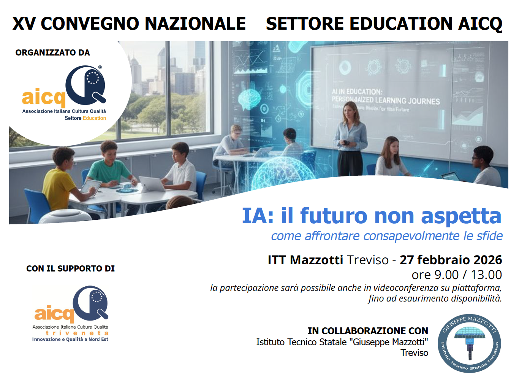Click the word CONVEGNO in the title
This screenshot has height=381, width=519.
pos(90,24)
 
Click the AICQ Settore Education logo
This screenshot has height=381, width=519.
pos(65,94)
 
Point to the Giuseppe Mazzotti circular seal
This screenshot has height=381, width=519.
pos(470,343)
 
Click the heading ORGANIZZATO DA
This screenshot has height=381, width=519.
pos(53,53)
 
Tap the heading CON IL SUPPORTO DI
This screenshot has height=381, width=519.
pos(70,268)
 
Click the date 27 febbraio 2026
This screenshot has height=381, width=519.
pos(451,260)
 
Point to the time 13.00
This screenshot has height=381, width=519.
pos(486,275)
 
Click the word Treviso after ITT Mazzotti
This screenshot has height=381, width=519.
pos(367,260)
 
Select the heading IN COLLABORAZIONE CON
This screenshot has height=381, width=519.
pos(368,331)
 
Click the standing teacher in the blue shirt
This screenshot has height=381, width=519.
pos(350,137)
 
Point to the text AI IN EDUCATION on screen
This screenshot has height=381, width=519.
pos(357,92)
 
